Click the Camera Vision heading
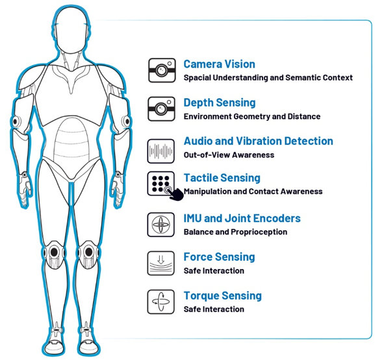click(219, 64)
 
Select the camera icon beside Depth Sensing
click(161, 109)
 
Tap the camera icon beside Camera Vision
click(162, 70)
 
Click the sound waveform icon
click(160, 151)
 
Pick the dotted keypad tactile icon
click(161, 184)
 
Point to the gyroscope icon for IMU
click(160, 225)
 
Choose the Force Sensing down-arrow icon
click(160, 263)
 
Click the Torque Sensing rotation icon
click(160, 302)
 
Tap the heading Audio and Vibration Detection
click(259, 141)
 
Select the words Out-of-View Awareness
click(229, 155)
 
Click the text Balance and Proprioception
click(235, 232)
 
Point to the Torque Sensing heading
click(223, 296)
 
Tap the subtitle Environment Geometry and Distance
click(252, 116)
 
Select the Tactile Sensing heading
click(222, 178)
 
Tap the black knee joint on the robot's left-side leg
click(54, 251)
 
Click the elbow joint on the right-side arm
click(127, 121)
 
